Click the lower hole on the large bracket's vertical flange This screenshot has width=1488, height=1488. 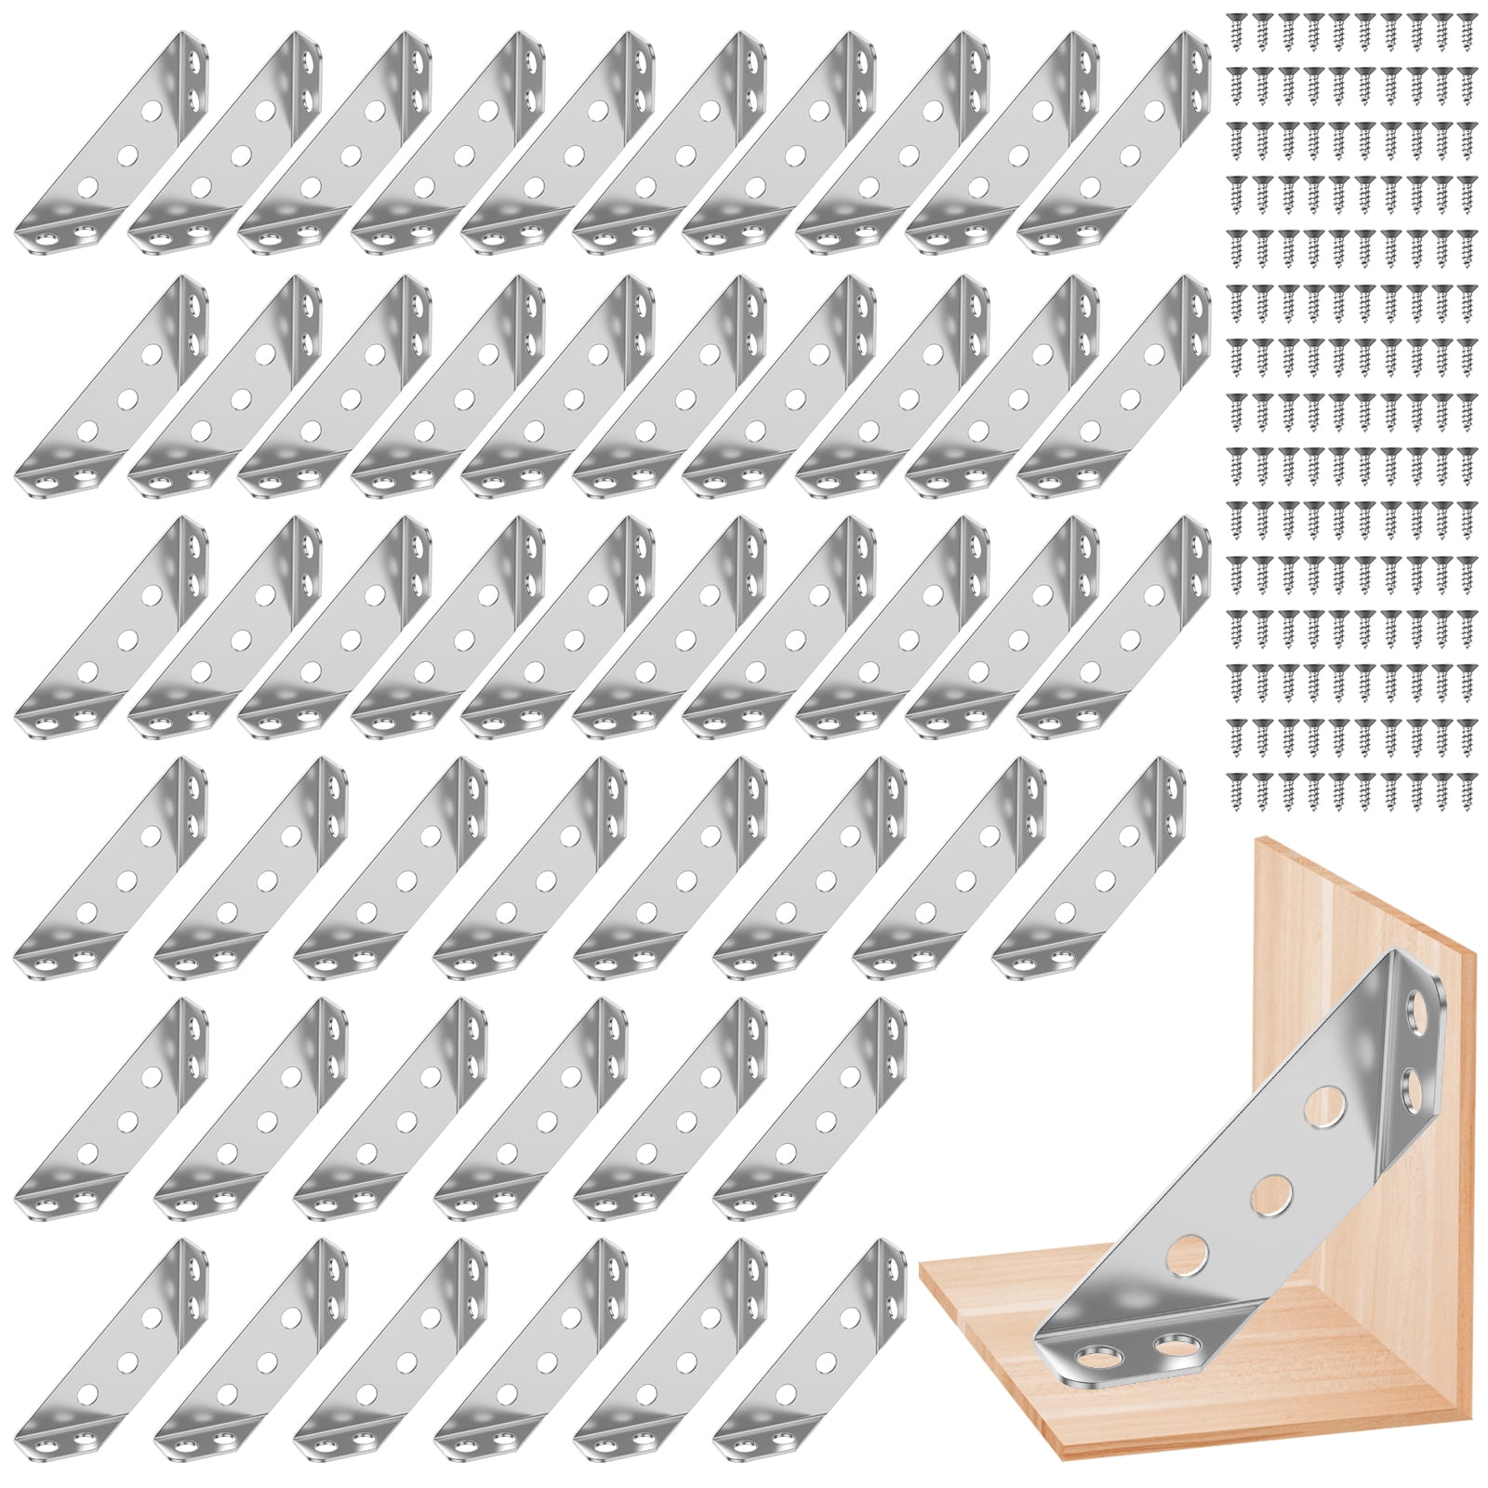[1411, 1083]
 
